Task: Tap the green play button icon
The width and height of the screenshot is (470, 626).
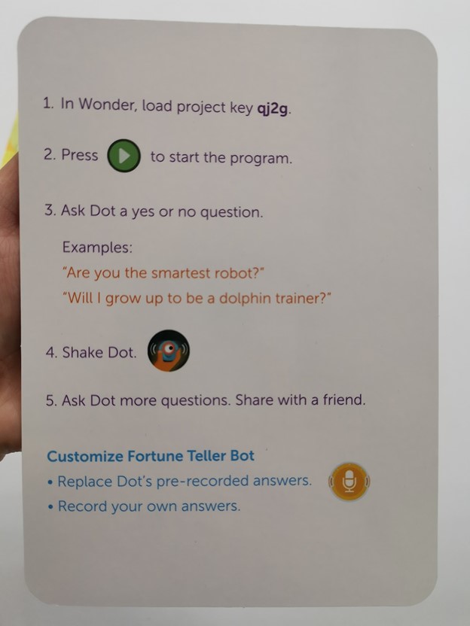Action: tap(124, 156)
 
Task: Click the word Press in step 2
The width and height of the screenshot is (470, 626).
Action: tap(80, 155)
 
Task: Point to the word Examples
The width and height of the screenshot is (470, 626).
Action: tap(97, 248)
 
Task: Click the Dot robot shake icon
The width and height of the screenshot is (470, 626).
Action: tap(169, 351)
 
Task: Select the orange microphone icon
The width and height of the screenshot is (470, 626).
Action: tap(349, 482)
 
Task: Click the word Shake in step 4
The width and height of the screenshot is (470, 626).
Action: tap(83, 353)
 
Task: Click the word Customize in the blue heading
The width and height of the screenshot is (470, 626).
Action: tap(85, 456)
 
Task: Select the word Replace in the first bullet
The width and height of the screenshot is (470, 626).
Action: tap(84, 482)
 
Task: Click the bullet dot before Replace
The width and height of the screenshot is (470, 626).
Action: tap(50, 483)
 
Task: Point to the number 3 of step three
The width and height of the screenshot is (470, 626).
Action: tap(49, 210)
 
